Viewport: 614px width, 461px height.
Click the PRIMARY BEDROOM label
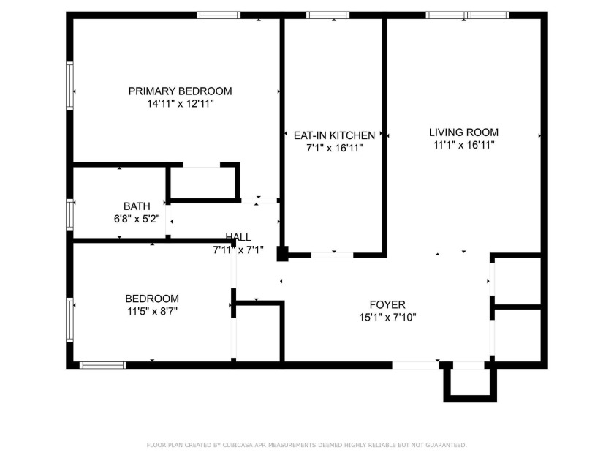tap(180, 91)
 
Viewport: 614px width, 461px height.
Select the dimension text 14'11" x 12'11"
tap(180, 104)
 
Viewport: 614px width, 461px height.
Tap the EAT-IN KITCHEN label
tap(334, 135)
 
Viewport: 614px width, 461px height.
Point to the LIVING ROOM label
tap(463, 132)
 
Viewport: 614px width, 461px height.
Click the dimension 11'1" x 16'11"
tap(463, 145)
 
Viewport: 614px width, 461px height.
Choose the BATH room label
tap(137, 206)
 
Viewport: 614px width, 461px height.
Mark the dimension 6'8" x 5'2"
tap(137, 218)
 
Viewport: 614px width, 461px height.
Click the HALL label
tap(238, 237)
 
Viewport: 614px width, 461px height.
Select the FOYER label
tap(387, 304)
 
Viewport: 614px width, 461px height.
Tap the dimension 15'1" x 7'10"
tap(387, 317)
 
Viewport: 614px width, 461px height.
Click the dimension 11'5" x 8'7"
tap(152, 311)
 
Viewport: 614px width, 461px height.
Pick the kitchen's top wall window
tap(327, 15)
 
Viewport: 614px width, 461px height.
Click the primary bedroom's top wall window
tap(219, 15)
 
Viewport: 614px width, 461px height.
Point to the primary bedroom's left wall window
tap(70, 87)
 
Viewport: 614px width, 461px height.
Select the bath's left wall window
tap(70, 214)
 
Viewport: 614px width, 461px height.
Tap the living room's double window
tap(468, 15)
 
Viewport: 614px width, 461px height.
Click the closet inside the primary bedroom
tap(203, 182)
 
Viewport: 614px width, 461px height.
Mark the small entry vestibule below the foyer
tap(469, 382)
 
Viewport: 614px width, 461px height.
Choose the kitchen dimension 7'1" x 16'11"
tap(334, 148)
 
